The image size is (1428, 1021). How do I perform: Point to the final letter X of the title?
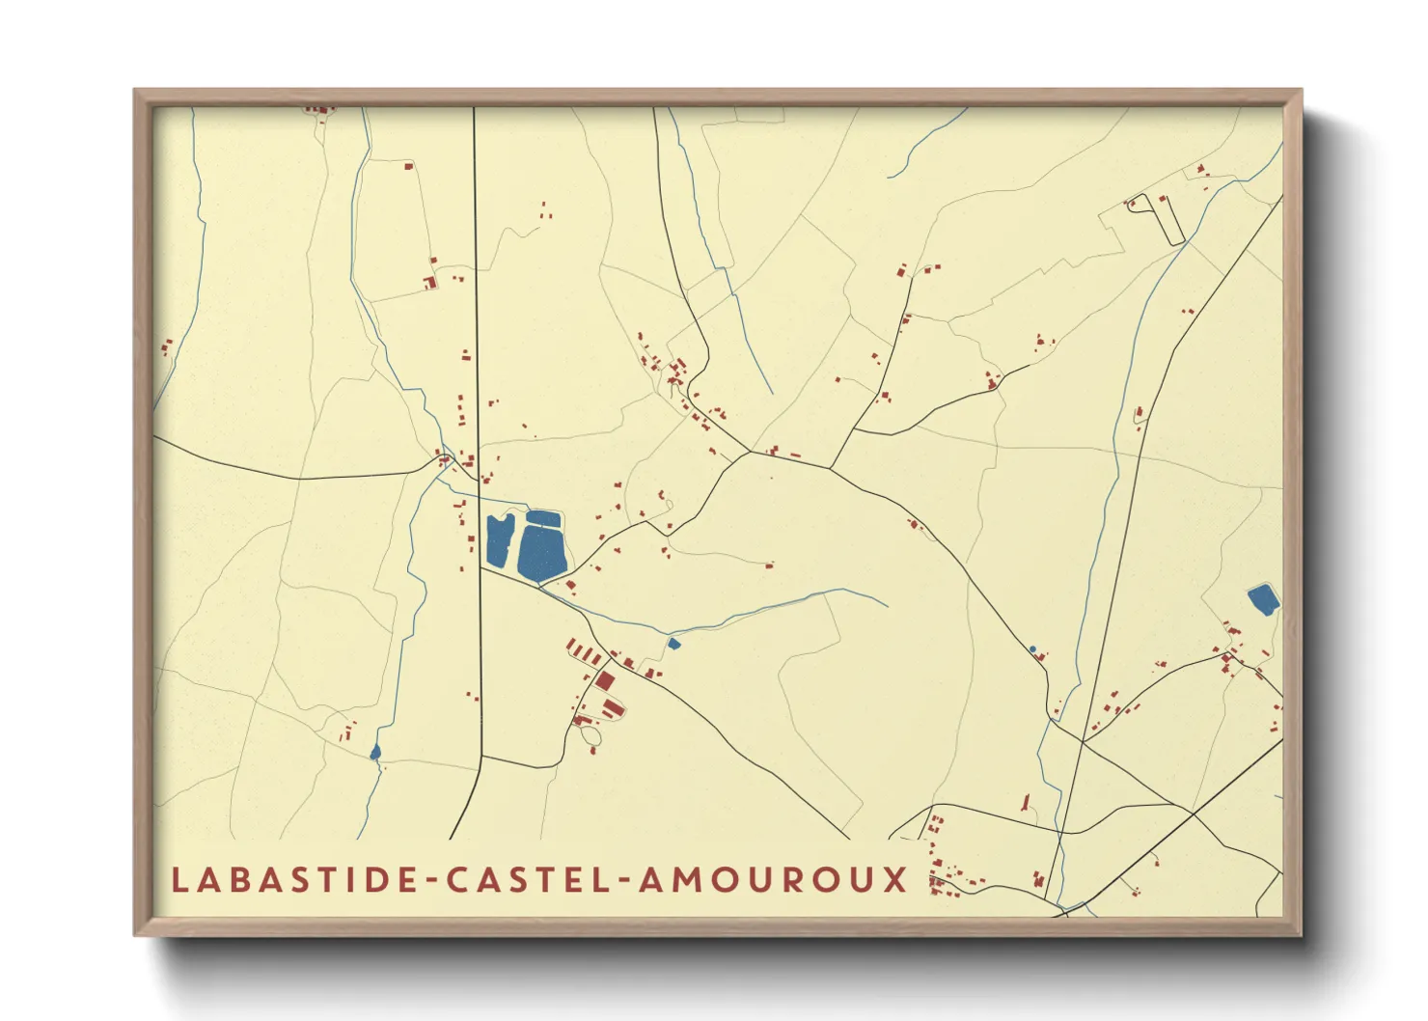tap(896, 879)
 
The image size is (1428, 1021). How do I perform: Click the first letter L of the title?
tap(179, 879)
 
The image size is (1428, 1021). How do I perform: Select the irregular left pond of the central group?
tap(499, 542)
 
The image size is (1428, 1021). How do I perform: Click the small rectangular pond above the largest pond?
tap(543, 518)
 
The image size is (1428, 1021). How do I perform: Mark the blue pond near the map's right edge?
tap(1263, 599)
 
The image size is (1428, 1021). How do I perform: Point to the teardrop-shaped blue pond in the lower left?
tap(375, 752)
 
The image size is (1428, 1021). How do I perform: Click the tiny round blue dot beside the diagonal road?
tap(1032, 648)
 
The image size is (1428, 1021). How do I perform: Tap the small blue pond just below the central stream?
tap(674, 643)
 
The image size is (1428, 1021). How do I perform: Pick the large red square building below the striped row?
tap(605, 680)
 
